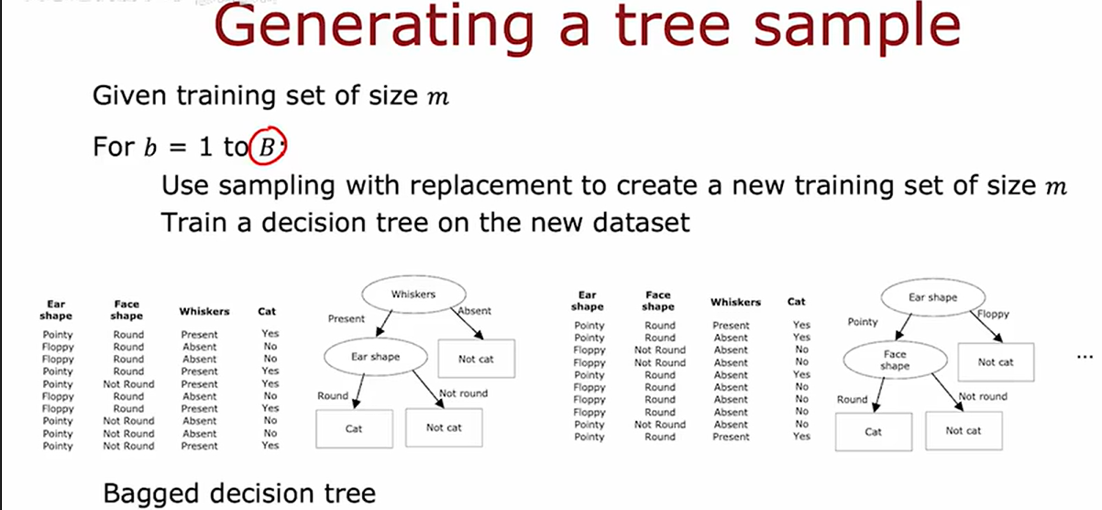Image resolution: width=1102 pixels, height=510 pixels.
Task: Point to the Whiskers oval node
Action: pos(413,294)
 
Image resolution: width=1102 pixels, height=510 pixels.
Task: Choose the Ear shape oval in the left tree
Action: pos(376,357)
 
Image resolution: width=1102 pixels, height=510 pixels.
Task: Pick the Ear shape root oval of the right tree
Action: pos(931,298)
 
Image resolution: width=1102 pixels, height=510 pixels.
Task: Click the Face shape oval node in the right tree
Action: pos(895,360)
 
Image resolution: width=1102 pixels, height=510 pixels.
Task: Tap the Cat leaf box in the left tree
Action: pos(354,427)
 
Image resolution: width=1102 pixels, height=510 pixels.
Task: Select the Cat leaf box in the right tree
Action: pos(873,430)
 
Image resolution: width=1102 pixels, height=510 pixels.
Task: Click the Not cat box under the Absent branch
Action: pos(476,359)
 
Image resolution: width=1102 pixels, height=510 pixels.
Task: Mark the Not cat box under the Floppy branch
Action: pos(995,361)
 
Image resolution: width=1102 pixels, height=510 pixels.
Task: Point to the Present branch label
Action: pos(347,318)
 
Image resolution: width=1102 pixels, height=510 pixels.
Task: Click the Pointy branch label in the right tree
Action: pos(863,322)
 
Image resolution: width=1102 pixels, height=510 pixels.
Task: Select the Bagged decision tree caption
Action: pos(239,493)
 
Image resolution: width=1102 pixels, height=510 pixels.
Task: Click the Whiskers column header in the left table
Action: pos(204,312)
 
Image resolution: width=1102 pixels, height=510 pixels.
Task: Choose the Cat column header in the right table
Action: pos(797,301)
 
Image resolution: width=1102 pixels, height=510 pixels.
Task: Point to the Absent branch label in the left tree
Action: pos(474,311)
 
